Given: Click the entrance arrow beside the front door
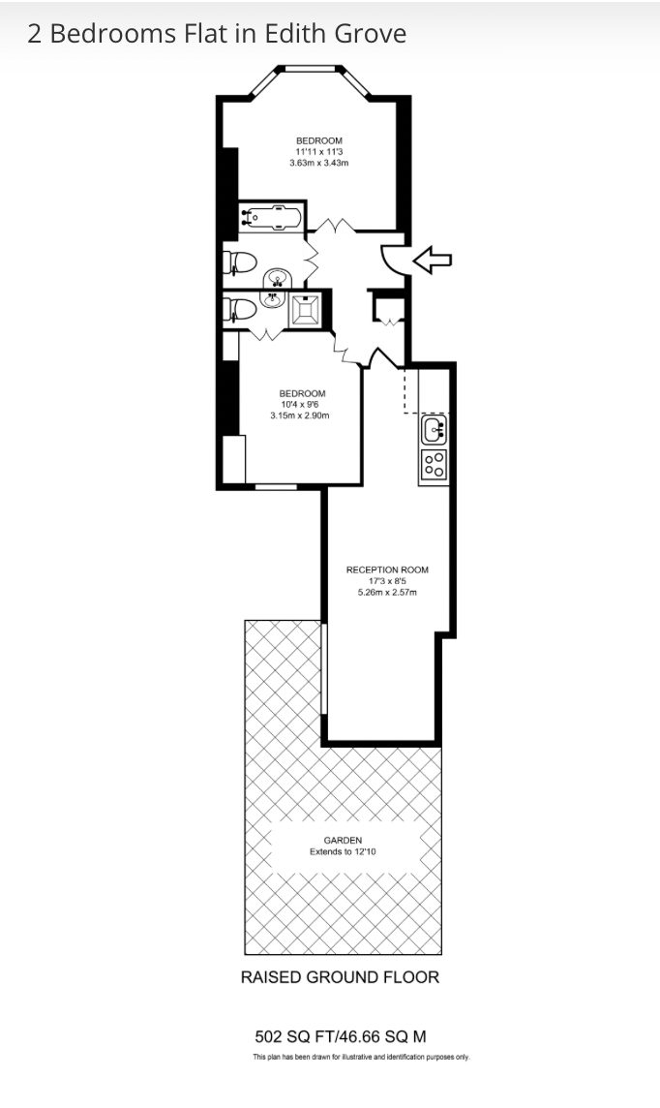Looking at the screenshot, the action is [432, 260].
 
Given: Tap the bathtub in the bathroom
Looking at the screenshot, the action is [271, 217].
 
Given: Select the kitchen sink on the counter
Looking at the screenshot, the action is [434, 429].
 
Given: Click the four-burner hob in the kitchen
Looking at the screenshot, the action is [434, 465].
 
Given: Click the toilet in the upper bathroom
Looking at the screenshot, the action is [239, 262].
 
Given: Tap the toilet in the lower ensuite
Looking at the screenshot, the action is [239, 310].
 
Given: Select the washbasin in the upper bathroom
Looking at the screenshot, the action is [276, 279].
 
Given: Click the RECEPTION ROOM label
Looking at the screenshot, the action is [387, 569].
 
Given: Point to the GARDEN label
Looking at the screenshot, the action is [343, 840].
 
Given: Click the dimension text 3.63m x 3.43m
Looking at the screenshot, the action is [319, 164].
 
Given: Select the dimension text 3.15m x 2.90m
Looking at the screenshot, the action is [300, 415].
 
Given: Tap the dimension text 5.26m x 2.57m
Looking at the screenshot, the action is [387, 592].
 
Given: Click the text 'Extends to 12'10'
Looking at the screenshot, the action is [343, 851].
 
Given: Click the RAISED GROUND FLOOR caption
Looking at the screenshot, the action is [341, 977].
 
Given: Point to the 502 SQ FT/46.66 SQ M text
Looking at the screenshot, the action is [341, 1036].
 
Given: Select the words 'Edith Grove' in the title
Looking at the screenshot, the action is [335, 34].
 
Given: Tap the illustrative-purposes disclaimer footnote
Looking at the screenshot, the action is [361, 1057].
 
